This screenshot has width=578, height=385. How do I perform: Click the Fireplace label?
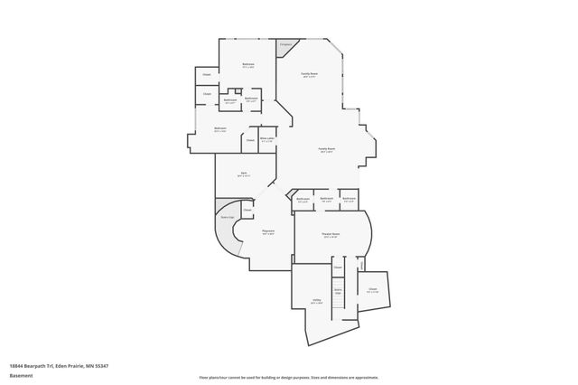click(285, 44)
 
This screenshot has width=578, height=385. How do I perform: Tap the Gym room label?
click(243, 174)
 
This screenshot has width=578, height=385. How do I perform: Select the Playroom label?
click(268, 232)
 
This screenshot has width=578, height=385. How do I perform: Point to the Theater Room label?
click(331, 235)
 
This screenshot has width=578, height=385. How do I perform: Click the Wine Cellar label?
click(267, 140)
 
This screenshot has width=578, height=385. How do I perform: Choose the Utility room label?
click(316, 301)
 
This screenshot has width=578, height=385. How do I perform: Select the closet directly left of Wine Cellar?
click(249, 140)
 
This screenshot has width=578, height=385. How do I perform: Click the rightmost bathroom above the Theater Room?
click(349, 201)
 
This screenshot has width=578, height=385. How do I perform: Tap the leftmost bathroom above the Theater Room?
click(303, 201)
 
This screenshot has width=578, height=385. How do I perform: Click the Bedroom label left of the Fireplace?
click(248, 65)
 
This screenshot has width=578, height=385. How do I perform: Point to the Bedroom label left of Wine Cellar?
click(220, 130)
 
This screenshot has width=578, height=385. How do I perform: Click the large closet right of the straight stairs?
click(372, 290)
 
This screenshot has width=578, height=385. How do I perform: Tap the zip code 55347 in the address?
click(102, 365)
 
